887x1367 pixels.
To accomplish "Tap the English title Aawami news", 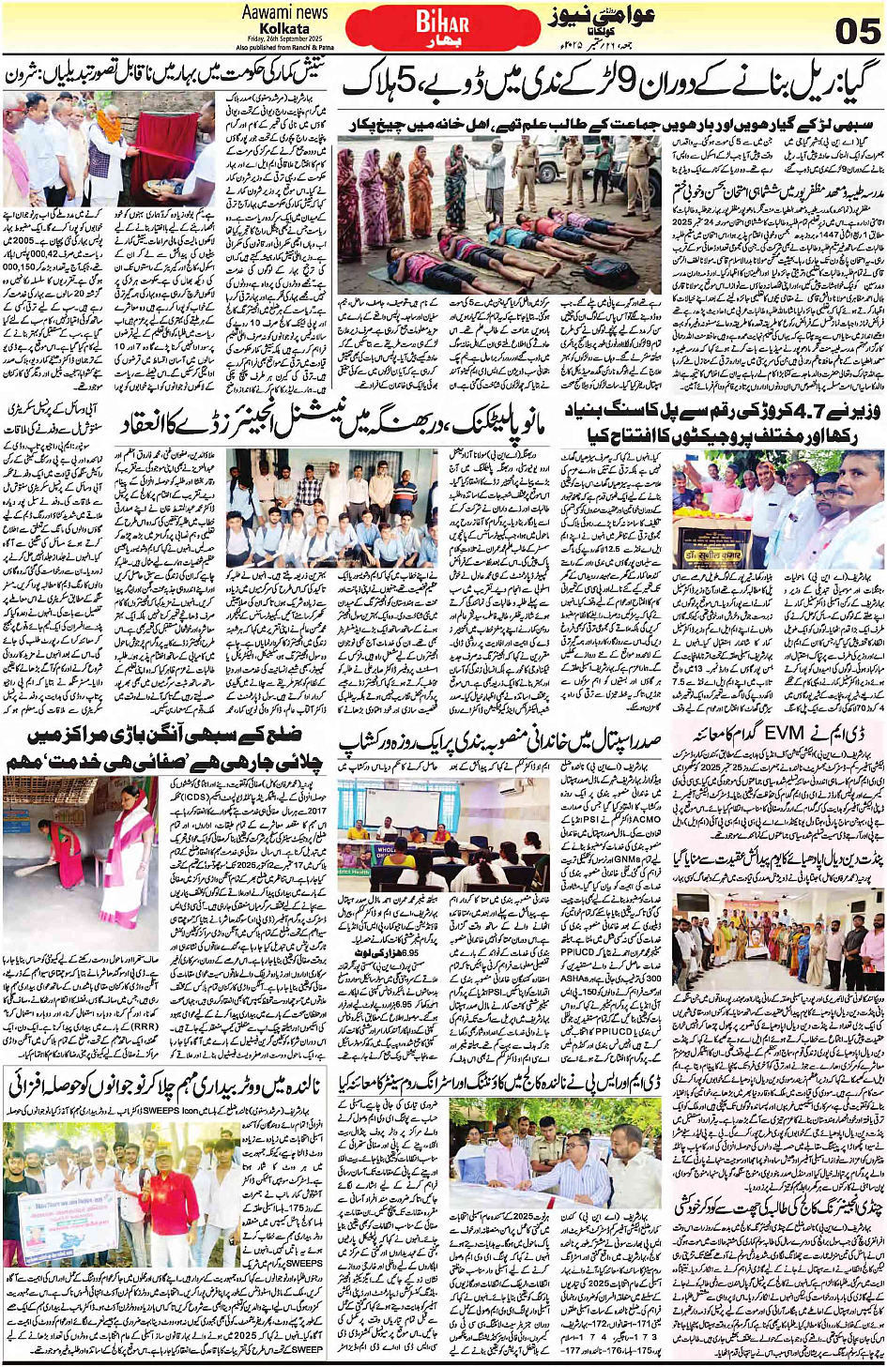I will pos(284,12).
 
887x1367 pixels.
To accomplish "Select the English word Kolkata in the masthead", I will pos(283,28).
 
